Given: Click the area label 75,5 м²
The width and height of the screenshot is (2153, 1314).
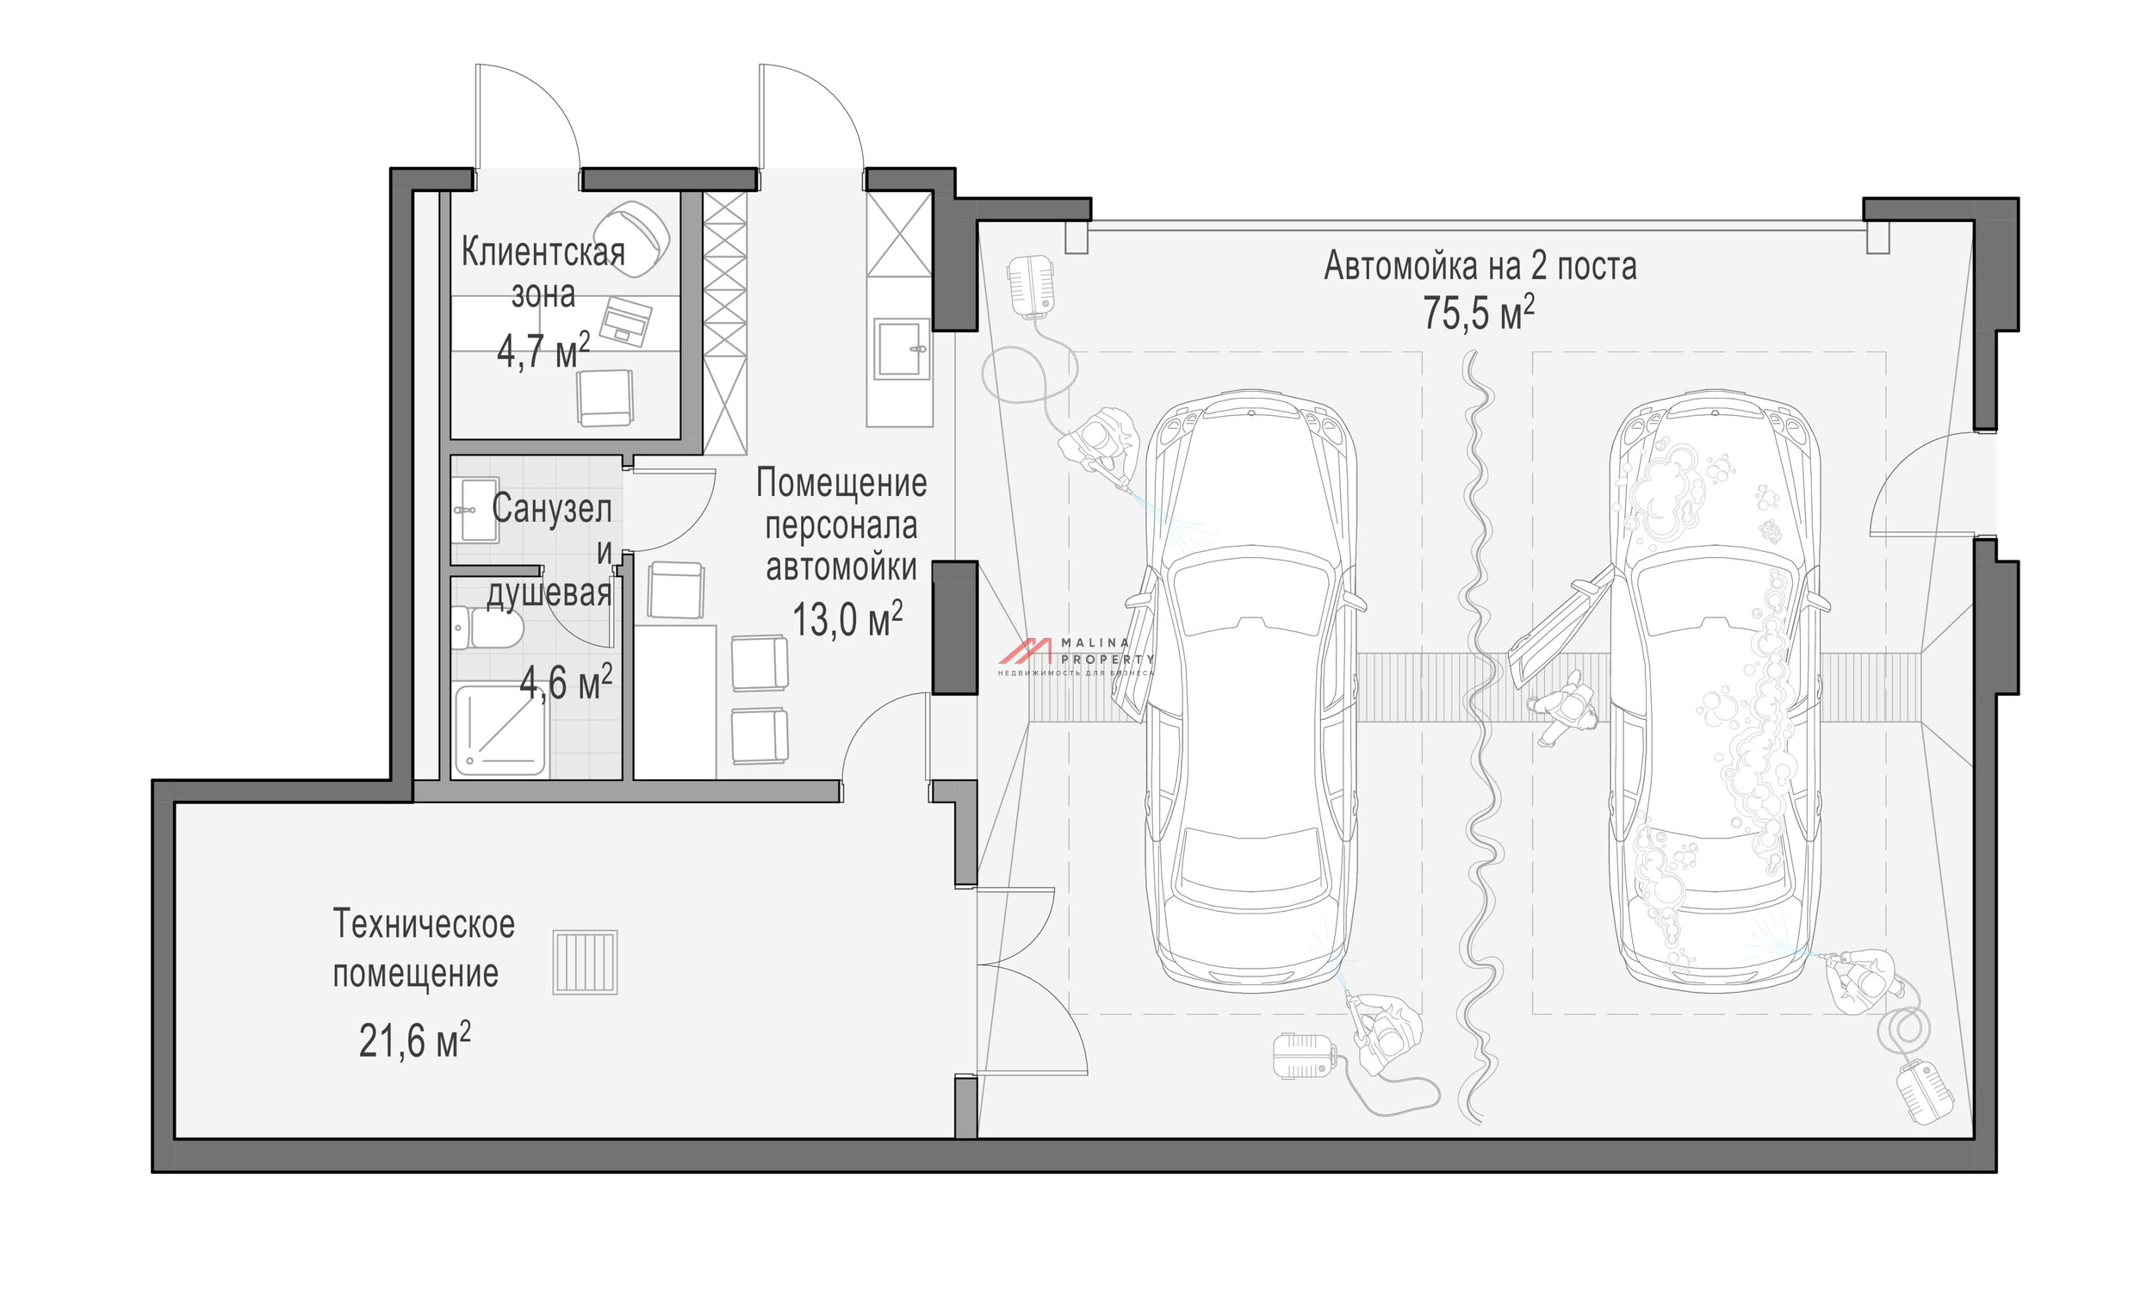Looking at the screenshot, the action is [1479, 313].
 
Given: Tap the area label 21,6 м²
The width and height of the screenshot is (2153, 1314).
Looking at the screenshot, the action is [414, 1039].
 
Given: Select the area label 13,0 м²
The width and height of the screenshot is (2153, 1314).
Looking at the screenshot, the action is [847, 619].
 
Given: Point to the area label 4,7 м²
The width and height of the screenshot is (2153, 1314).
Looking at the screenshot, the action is [543, 351].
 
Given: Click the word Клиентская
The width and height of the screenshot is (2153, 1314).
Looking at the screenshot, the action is [543, 252].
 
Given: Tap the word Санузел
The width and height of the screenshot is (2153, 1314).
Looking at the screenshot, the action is [551, 509].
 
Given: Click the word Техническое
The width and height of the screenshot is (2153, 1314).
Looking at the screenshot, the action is [424, 924].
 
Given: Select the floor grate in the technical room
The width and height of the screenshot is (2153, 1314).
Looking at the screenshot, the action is [585, 962].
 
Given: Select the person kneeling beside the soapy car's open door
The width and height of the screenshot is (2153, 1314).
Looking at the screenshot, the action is [1564, 708].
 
